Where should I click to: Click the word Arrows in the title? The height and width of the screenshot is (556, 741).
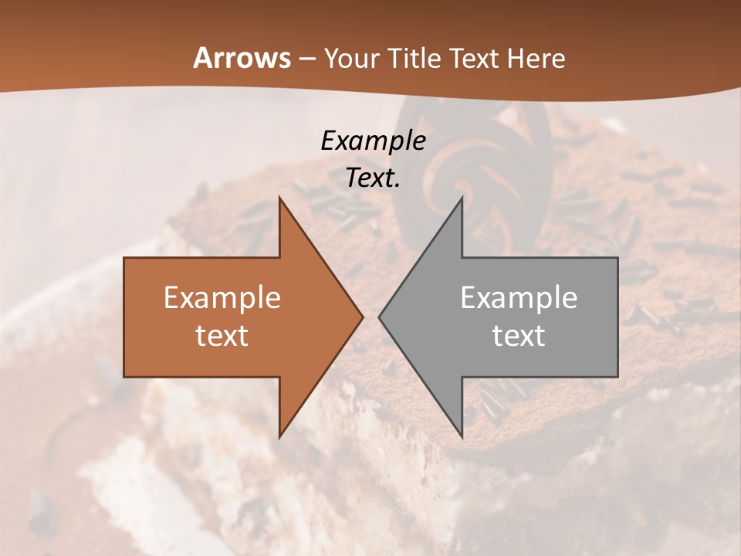click(x=242, y=58)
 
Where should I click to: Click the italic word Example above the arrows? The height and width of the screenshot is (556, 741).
click(x=373, y=141)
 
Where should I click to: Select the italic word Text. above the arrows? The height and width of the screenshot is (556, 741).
click(x=373, y=178)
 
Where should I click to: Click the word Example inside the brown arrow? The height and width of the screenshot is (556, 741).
click(x=222, y=298)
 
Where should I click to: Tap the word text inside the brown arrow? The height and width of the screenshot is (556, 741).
click(x=222, y=335)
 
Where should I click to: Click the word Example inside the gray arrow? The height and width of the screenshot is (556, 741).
click(x=519, y=298)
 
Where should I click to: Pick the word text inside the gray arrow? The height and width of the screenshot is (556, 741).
click(x=519, y=335)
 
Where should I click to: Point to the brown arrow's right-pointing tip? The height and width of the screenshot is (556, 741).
click(x=362, y=317)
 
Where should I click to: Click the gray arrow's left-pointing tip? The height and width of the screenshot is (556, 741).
click(x=379, y=317)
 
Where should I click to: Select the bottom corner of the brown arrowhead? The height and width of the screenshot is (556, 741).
click(x=279, y=437)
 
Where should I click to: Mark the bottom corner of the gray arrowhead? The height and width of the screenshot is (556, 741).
click(x=462, y=437)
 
